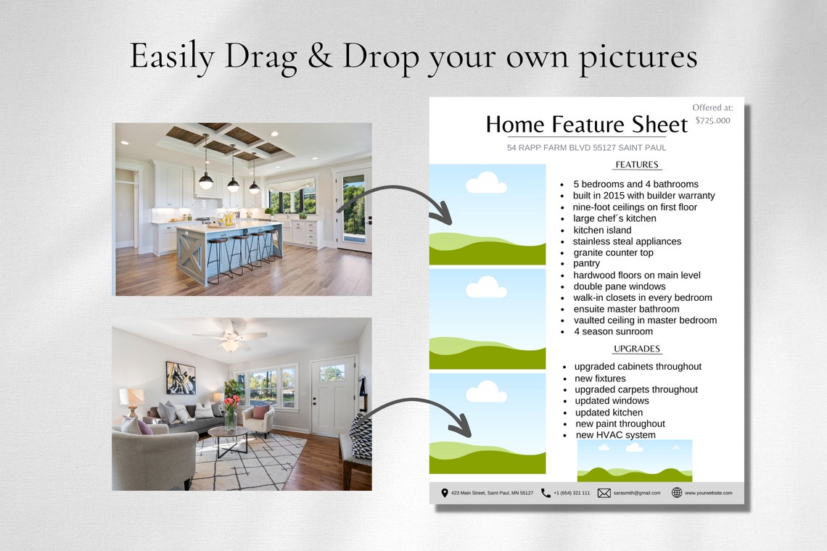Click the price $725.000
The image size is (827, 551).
712,120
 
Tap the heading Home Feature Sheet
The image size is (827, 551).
586,124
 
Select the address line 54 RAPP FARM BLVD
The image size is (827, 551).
586,148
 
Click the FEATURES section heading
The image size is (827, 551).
636,165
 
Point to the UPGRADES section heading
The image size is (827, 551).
636,349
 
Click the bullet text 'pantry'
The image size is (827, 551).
586,264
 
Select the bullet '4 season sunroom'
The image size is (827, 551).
613,331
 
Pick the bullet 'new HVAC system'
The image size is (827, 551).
615,435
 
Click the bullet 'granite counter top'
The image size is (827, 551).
613,252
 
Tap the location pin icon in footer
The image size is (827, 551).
445,493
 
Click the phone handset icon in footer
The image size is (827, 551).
546,493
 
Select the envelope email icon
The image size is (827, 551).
604,493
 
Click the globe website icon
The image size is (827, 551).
676,493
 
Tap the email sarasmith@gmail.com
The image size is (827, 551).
637,493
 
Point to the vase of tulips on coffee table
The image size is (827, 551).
231,411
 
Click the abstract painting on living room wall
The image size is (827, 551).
180,377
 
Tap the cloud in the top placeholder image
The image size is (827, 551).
486,183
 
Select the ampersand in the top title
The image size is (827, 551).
319,57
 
